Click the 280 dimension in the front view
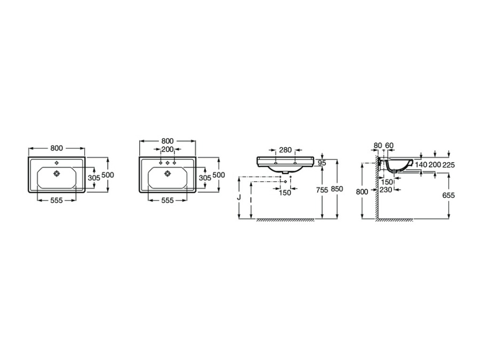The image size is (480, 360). [285, 150]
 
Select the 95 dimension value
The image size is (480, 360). [322, 163]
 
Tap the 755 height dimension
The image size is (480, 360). [322, 190]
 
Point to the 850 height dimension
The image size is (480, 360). [337, 189]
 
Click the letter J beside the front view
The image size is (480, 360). [239, 197]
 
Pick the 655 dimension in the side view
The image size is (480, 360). [449, 195]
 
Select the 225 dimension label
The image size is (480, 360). [449, 165]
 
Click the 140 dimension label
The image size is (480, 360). [421, 165]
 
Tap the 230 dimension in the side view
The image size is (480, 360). [386, 190]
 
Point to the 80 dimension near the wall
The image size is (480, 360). [378, 145]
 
